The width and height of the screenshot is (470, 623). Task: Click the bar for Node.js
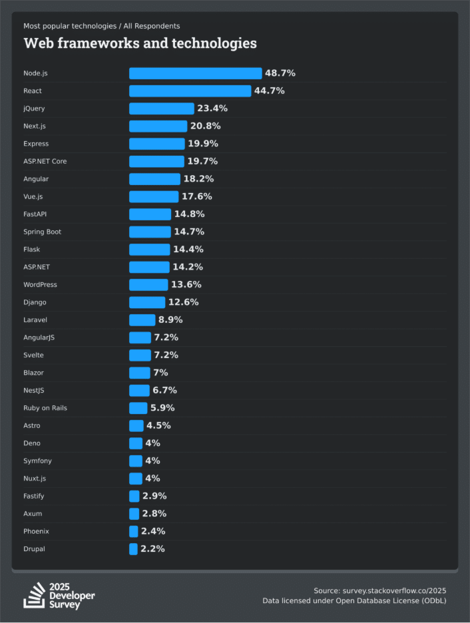click(195, 73)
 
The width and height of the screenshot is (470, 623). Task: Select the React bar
click(190, 91)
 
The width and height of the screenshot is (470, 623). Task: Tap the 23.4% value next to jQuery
click(212, 108)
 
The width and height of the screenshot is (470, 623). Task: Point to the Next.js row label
click(34, 126)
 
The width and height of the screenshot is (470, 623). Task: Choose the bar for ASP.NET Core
click(156, 161)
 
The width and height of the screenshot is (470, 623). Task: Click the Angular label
click(36, 179)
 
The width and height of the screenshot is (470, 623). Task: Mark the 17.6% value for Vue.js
click(196, 196)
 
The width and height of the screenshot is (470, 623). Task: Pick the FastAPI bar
click(150, 214)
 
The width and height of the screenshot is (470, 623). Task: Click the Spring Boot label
click(42, 232)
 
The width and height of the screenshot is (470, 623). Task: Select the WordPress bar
click(148, 285)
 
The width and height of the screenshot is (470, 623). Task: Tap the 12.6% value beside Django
click(183, 302)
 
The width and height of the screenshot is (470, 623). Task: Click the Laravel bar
click(142, 319)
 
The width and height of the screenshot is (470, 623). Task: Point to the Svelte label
click(33, 355)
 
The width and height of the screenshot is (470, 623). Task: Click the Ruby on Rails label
click(45, 408)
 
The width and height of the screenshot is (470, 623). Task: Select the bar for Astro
click(136, 425)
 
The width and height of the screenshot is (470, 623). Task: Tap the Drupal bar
click(133, 549)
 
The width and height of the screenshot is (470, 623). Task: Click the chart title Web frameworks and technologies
click(140, 43)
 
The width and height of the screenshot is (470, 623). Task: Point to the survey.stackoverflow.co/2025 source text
click(394, 590)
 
